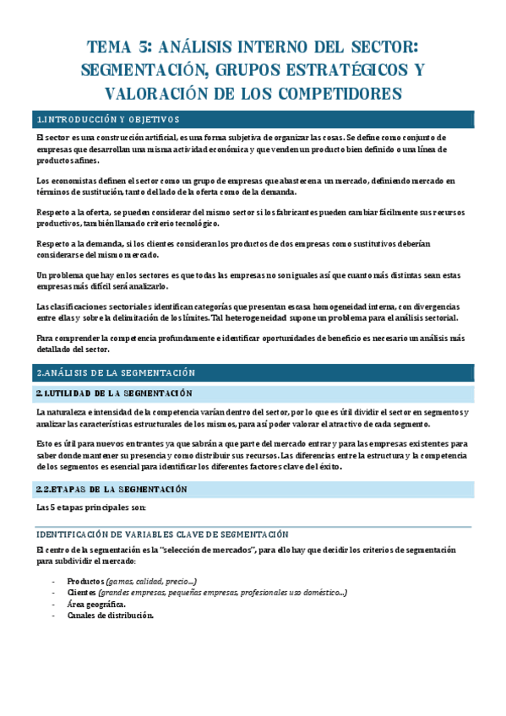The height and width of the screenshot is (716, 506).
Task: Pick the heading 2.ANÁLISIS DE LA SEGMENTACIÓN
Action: click(x=116, y=372)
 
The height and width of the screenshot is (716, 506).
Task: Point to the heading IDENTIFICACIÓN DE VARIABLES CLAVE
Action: click(x=162, y=534)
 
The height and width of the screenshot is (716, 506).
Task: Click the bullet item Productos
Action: click(x=85, y=582)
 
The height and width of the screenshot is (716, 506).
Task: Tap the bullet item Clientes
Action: click(x=83, y=593)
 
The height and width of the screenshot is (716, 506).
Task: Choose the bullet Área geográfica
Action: click(x=97, y=605)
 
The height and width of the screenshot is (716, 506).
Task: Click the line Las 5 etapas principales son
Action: click(x=91, y=507)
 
